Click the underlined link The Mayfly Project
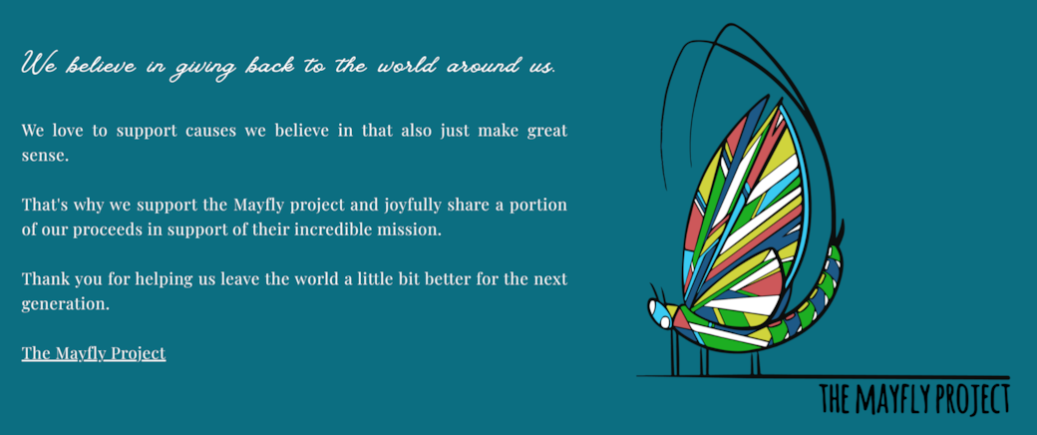[94, 353]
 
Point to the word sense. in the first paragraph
[45, 157]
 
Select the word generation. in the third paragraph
[65, 305]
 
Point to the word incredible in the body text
[333, 231]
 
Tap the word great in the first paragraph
[547, 131]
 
